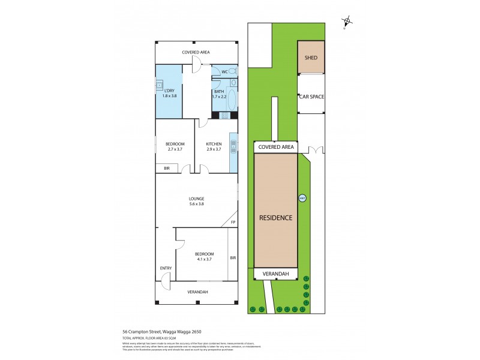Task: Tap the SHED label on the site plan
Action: [311, 58]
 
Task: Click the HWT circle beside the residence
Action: [302, 197]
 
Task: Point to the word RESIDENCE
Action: [276, 218]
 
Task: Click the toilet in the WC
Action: [233, 71]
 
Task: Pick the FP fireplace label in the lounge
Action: [232, 223]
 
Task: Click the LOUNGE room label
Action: [196, 199]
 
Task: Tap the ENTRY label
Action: [166, 268]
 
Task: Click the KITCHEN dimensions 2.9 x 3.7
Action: [214, 149]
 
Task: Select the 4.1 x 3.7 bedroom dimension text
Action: [205, 259]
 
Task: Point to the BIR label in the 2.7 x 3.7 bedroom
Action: [167, 169]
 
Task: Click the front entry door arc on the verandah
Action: [166, 277]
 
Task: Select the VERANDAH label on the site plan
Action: [276, 274]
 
